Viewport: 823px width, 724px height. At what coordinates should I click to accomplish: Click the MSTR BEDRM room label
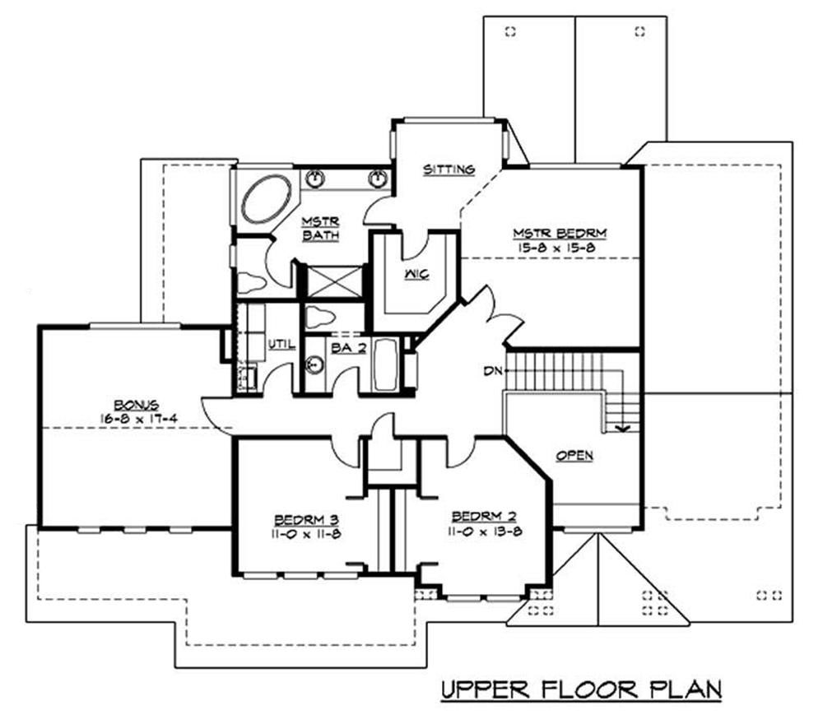point(551,233)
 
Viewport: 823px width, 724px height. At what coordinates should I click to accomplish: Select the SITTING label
point(449,169)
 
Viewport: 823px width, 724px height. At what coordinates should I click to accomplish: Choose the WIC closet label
point(415,273)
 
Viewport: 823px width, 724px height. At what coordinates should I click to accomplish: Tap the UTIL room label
point(281,344)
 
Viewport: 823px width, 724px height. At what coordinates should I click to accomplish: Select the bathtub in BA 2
point(387,365)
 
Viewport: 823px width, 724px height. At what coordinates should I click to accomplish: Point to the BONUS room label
point(136,405)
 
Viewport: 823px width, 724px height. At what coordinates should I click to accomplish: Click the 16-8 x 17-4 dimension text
point(136,418)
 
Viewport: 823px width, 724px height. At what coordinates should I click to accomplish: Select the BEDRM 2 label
point(484,517)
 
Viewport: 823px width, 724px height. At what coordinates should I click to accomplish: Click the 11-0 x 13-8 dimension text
point(484,531)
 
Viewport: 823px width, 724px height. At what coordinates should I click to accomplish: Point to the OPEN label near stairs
point(574,455)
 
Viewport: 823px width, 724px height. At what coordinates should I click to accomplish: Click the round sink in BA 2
point(314,365)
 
